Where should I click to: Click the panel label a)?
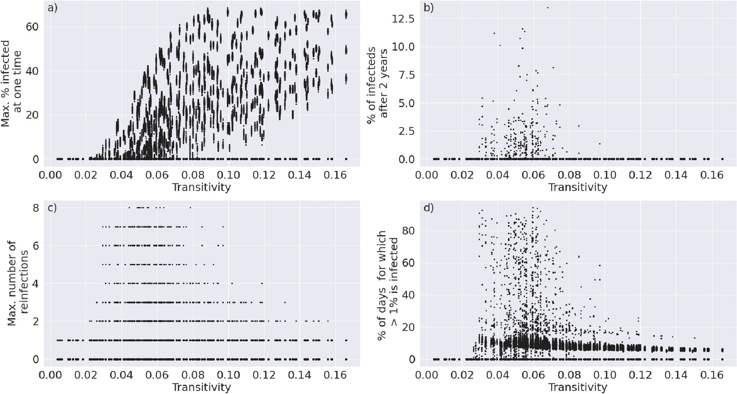click(53, 8)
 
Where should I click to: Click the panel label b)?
click(428, 8)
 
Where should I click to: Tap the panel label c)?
click(52, 208)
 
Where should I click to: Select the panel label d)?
click(428, 208)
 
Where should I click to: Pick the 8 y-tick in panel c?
click(35, 208)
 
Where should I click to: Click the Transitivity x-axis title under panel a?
click(201, 187)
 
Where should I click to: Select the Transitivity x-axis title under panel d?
click(578, 388)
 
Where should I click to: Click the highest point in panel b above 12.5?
click(547, 8)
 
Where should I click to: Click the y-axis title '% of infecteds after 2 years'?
click(378, 83)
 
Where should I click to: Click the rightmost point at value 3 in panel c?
click(285, 302)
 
